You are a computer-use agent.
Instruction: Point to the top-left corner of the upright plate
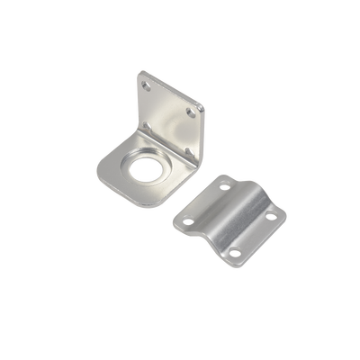pyautogui.click(x=140, y=68)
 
